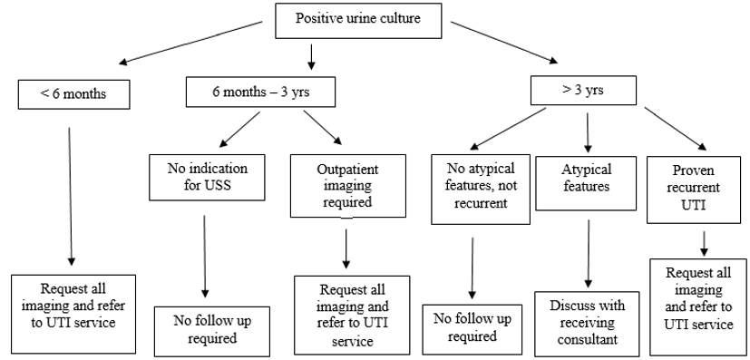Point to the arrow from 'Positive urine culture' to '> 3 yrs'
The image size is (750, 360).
[x=503, y=43]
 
